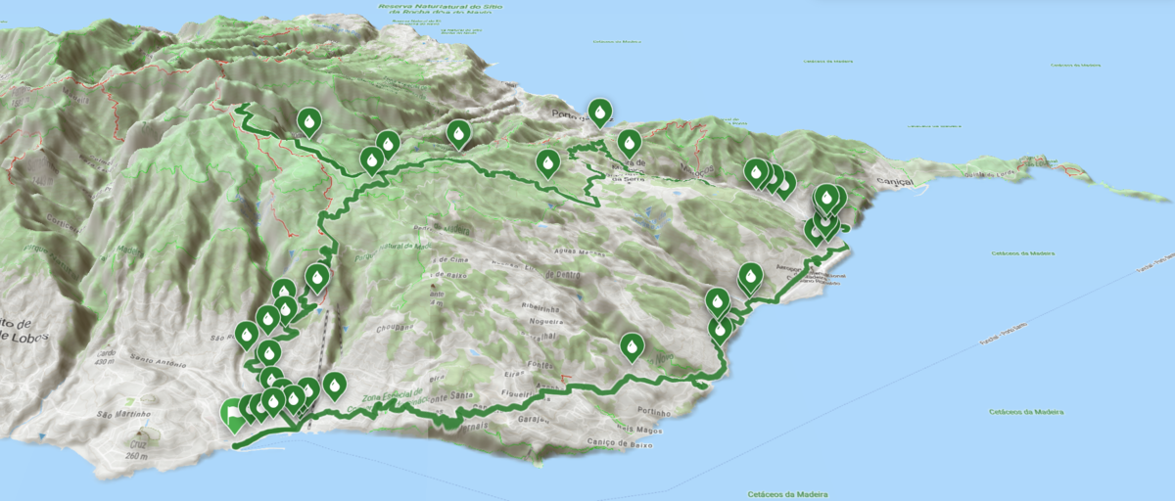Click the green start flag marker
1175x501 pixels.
[233, 415]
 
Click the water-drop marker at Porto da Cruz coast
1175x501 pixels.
[599, 112]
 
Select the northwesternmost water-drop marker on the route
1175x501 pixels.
[308, 121]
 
